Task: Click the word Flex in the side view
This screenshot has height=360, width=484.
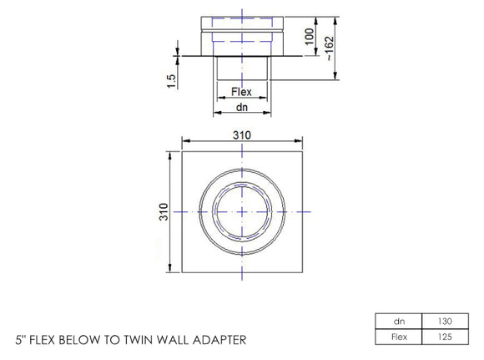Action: point(241,92)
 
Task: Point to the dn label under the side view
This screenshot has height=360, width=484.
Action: point(241,108)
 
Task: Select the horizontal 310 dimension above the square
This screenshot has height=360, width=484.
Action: point(241,134)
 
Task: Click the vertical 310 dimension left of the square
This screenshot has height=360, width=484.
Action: point(164,211)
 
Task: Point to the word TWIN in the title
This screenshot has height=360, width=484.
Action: point(131,340)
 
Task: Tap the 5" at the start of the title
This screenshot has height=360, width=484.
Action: point(21,340)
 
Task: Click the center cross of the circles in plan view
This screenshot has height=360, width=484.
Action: point(241,212)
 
